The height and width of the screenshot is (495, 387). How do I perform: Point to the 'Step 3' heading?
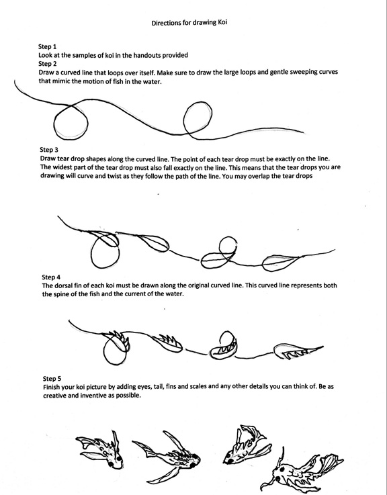pos(49,150)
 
